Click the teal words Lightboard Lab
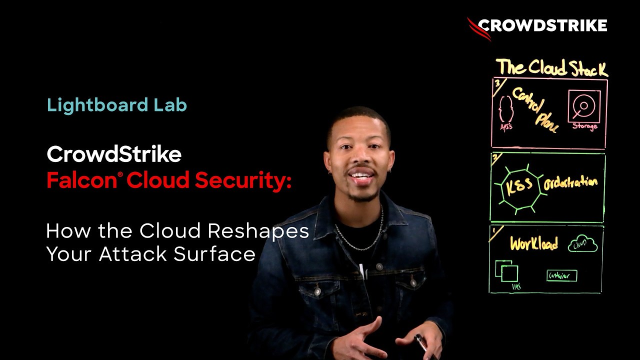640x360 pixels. (116, 105)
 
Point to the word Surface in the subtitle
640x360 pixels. (214, 254)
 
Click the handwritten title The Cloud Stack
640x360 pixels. (551, 67)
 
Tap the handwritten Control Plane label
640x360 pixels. (534, 109)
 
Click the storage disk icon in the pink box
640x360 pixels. (583, 106)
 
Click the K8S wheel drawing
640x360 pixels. (519, 186)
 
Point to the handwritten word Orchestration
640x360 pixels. (570, 183)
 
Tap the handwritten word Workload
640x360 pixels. (533, 244)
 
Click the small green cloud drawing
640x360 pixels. (582, 244)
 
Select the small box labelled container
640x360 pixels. (561, 275)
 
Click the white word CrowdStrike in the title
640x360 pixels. (114, 154)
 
